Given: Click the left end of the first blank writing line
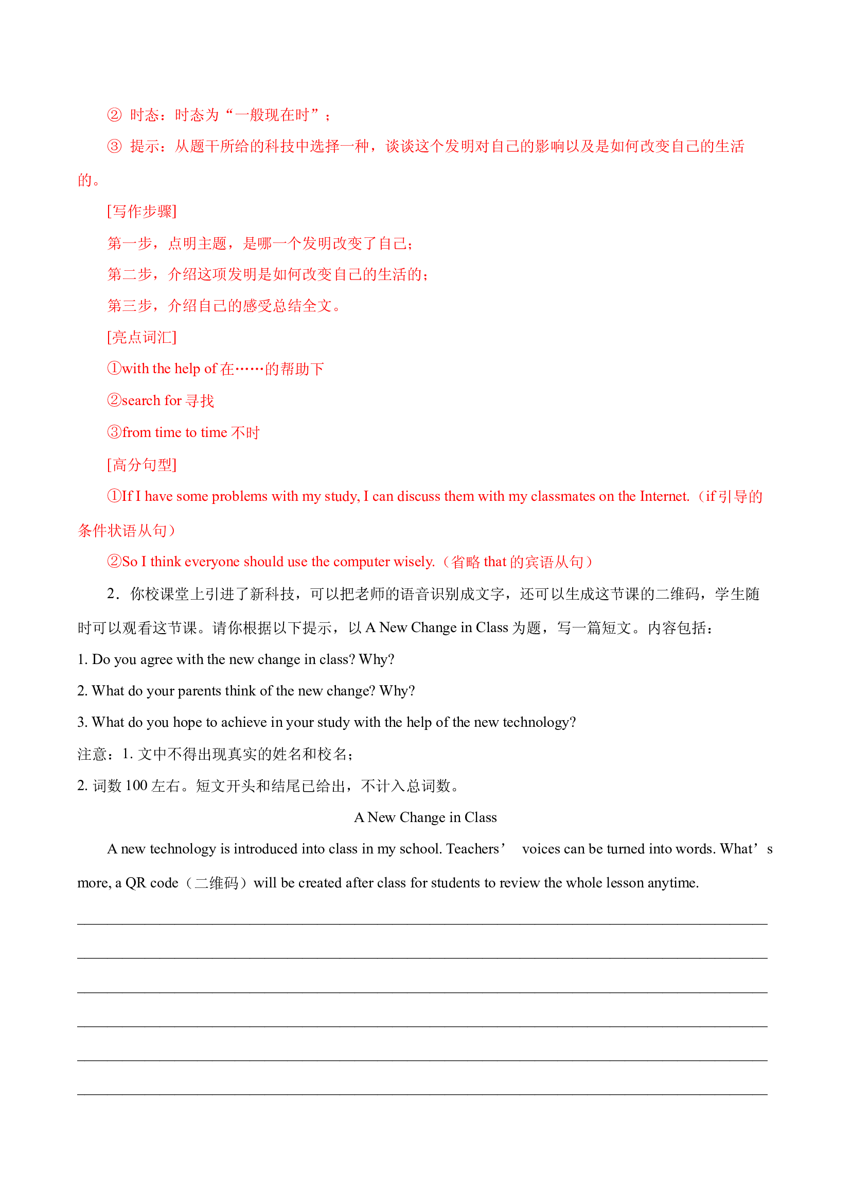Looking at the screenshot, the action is [x=78, y=924].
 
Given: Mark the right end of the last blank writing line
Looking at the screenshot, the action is [x=768, y=1095].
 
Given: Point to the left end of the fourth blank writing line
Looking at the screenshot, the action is [x=78, y=1027].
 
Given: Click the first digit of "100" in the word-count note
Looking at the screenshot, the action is [x=129, y=786].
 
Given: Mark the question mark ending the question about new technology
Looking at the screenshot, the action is [x=573, y=723].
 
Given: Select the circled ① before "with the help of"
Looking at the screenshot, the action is [x=114, y=369].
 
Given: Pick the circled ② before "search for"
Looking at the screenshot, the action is [x=114, y=400].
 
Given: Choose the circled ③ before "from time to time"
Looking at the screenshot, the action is [x=114, y=432].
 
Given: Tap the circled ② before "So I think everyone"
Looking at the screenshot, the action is [x=114, y=562].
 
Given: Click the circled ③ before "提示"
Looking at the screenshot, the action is [x=114, y=146].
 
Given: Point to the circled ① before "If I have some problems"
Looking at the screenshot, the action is [x=114, y=496].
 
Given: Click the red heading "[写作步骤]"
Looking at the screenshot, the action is [x=142, y=212].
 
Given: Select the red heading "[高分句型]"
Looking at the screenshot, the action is [x=142, y=465].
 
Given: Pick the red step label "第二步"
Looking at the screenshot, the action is [x=130, y=275].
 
